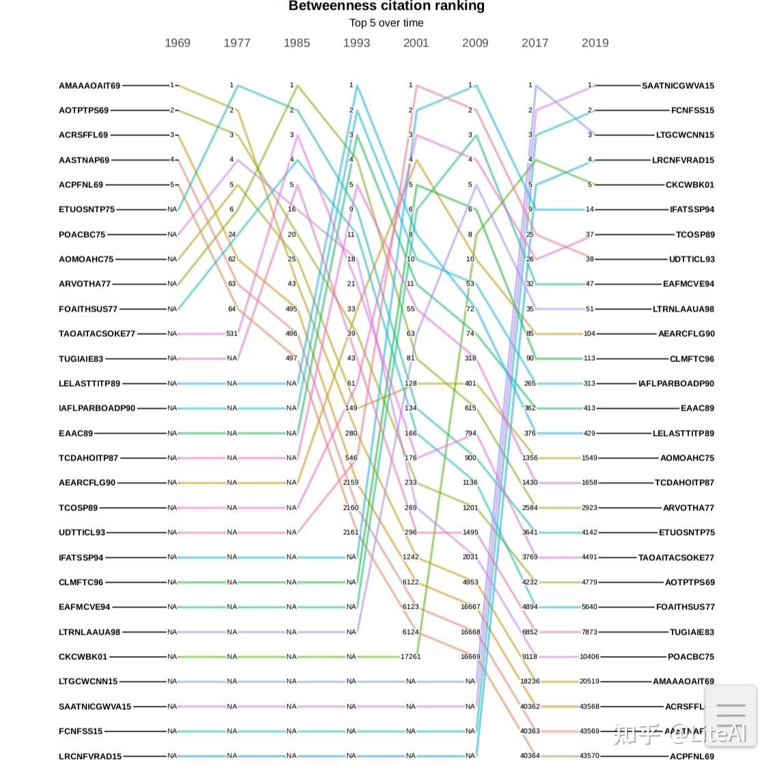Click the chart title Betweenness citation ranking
[386, 6]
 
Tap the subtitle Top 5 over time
[386, 23]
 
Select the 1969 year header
[177, 43]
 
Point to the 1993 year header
[356, 43]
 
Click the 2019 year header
[595, 43]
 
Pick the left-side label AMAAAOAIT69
[90, 86]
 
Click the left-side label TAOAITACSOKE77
[97, 334]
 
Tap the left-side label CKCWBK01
[83, 657]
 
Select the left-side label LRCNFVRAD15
[90, 756]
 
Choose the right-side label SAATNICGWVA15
[677, 86]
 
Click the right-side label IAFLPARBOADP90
[676, 384]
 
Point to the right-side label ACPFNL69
[692, 756]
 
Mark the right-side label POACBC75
[690, 657]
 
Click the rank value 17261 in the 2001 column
[410, 657]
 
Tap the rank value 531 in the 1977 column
[232, 334]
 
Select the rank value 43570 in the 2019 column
[589, 756]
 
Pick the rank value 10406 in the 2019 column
[589, 657]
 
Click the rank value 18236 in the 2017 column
[530, 681]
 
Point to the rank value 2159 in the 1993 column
[351, 482]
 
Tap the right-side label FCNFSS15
[692, 111]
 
